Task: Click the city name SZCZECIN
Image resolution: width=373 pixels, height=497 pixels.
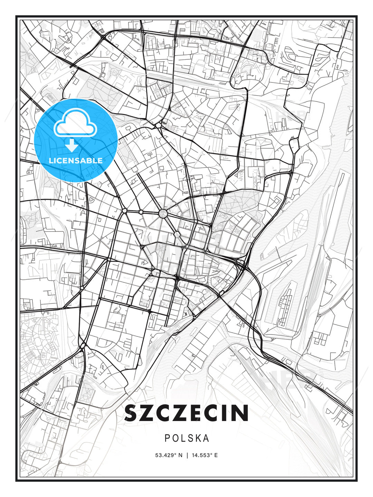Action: click(186, 413)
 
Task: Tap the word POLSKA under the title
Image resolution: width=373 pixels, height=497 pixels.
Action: click(187, 438)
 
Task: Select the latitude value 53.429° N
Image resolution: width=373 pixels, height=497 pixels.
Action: click(169, 455)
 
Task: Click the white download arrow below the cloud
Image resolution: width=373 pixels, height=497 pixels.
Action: click(72, 145)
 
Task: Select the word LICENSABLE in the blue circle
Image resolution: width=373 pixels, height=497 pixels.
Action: click(76, 160)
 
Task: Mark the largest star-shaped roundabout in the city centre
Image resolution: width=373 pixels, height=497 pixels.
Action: click(163, 214)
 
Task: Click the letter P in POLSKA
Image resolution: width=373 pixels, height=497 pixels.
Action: click(167, 438)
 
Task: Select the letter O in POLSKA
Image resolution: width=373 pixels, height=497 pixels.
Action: click(175, 438)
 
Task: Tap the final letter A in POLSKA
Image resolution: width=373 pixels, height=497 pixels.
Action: click(206, 438)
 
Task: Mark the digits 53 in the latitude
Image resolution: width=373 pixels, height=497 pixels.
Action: click(158, 455)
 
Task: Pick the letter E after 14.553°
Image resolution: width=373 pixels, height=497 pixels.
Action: click(216, 455)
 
